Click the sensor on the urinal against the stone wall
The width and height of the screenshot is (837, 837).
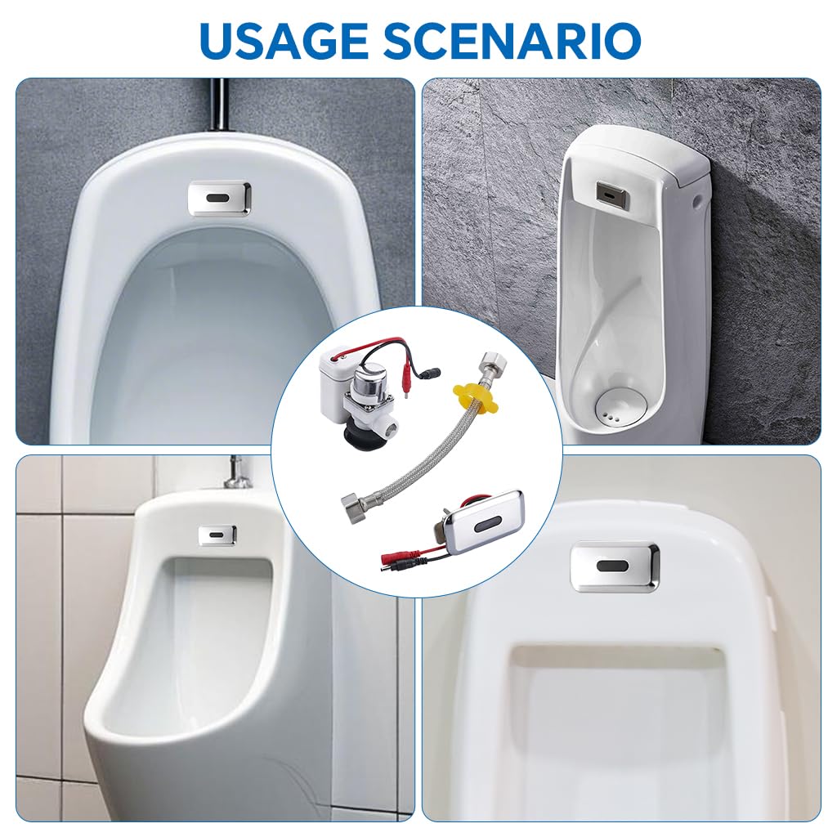(x=612, y=193)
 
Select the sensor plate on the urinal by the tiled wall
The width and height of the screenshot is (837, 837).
(x=217, y=535)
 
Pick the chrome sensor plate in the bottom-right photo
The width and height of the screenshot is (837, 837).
(x=614, y=566)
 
